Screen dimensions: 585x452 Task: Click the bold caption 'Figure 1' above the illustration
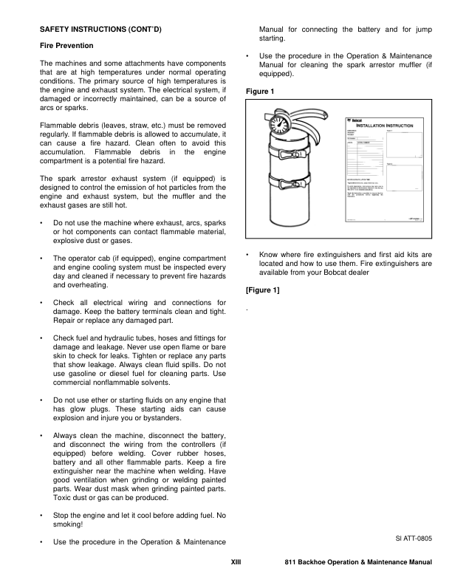point(258,92)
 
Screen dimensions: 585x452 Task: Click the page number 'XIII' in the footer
point(236,563)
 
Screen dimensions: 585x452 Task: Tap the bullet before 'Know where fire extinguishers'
point(247,255)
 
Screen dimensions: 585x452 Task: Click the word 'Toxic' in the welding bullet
point(64,498)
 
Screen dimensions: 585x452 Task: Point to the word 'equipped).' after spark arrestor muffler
point(277,75)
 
